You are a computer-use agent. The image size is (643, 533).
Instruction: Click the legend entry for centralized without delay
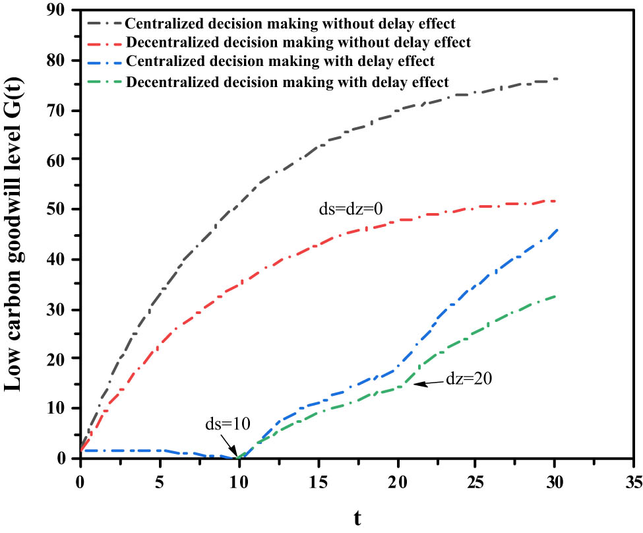(x=290, y=24)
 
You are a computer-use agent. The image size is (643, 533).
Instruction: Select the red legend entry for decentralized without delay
(x=297, y=43)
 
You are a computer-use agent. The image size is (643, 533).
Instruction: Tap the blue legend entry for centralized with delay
(x=280, y=62)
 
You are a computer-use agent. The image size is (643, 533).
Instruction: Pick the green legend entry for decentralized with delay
(x=287, y=82)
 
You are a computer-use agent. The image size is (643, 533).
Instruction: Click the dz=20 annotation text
(x=468, y=379)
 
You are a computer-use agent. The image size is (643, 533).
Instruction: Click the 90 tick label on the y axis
(x=63, y=11)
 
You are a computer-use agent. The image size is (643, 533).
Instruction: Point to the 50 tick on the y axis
(x=63, y=209)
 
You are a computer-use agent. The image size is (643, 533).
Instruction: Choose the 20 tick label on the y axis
(x=63, y=358)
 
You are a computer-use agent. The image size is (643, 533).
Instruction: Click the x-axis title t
(x=357, y=518)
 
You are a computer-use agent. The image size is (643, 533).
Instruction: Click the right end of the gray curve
(x=557, y=78)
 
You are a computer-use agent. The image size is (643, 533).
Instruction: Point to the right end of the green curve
(x=557, y=296)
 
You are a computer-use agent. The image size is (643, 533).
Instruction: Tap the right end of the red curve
(x=557, y=201)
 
